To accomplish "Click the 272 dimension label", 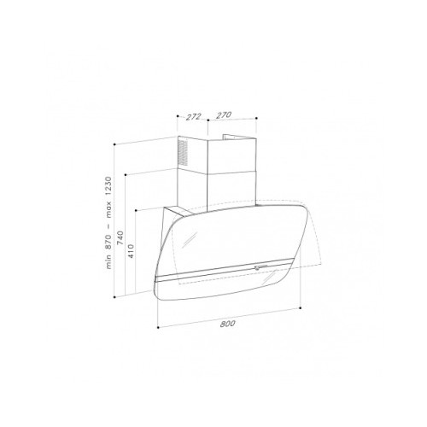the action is click(x=194, y=117).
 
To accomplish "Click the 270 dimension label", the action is click(x=224, y=115).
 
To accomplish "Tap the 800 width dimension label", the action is click(x=227, y=324).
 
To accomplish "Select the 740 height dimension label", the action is click(x=120, y=237).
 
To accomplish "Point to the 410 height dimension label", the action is click(x=131, y=251).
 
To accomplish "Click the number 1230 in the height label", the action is click(x=108, y=186).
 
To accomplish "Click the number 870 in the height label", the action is click(x=108, y=243).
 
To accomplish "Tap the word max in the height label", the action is click(x=108, y=209).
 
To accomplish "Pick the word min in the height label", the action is click(x=108, y=262).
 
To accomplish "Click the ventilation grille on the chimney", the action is click(x=183, y=153).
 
